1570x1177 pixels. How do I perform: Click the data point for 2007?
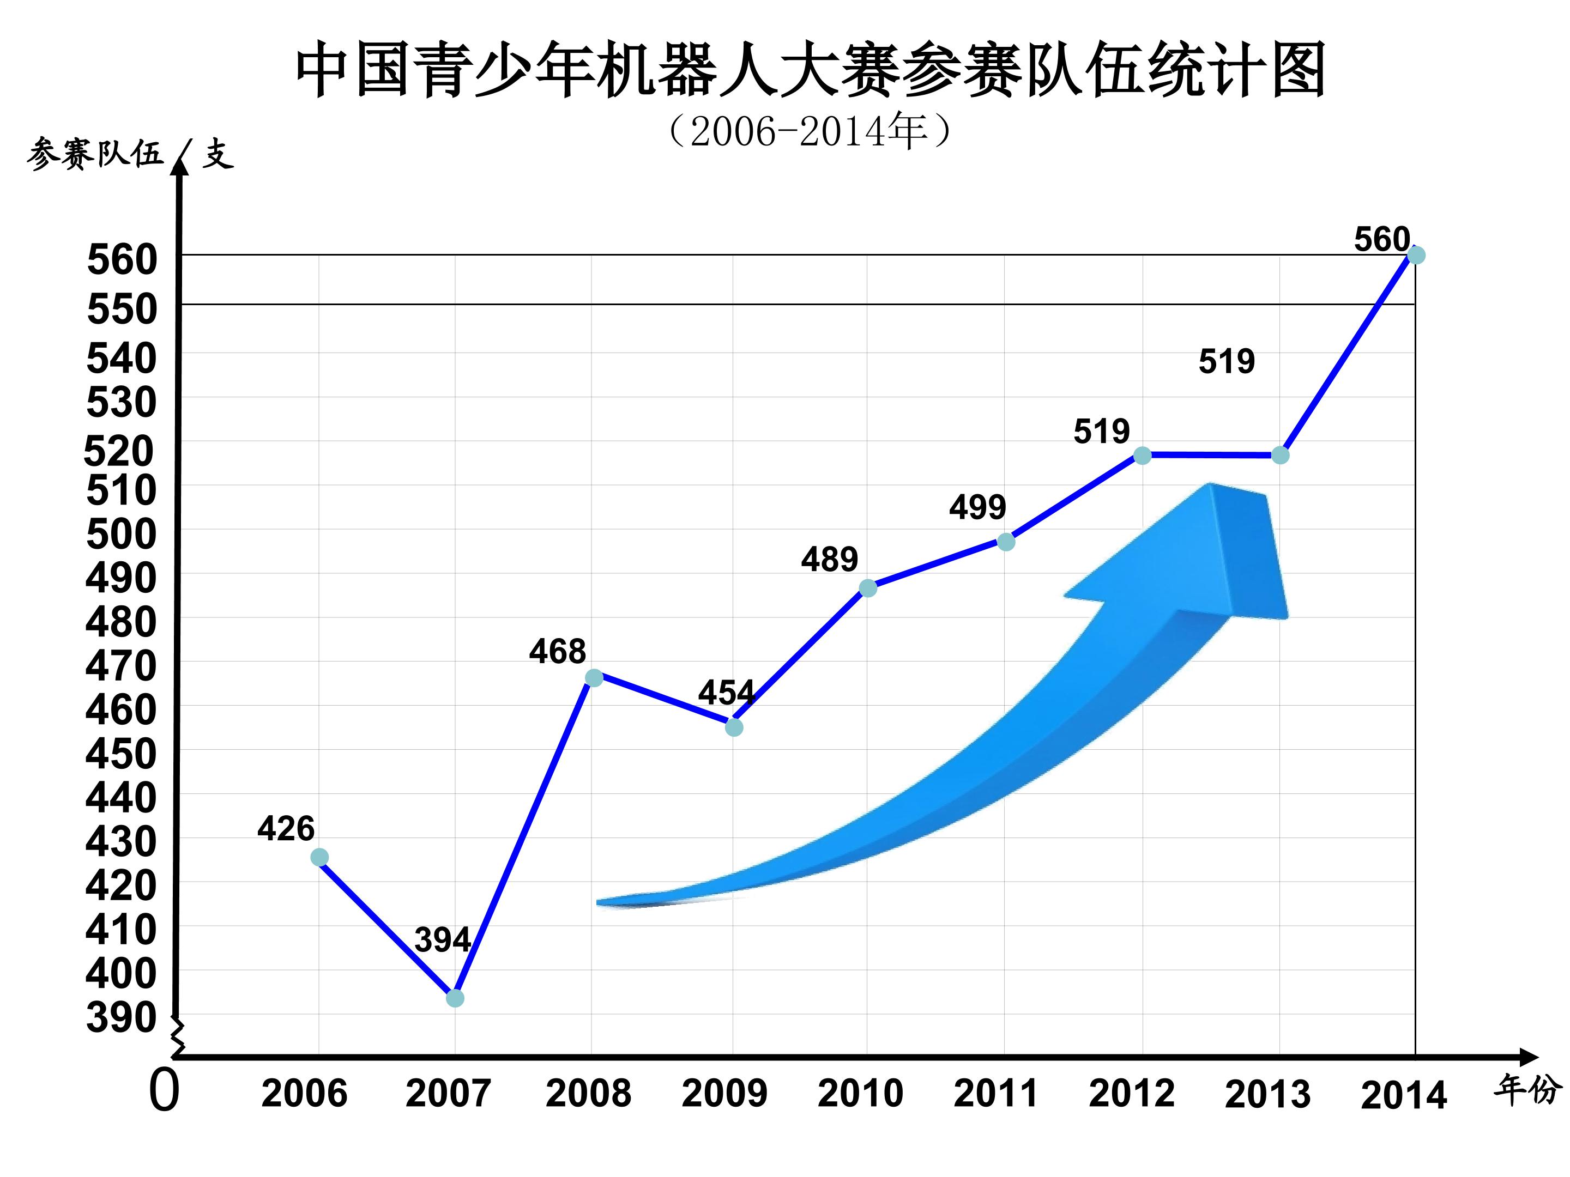coord(455,998)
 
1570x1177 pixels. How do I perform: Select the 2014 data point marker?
coord(1415,254)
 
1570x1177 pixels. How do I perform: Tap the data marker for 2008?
coord(594,677)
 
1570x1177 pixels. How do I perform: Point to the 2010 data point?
coord(867,587)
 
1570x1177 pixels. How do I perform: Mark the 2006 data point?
coord(319,858)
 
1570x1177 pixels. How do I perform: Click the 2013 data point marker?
coord(1279,456)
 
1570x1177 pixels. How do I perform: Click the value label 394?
coord(442,940)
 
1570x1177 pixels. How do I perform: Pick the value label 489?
coord(829,560)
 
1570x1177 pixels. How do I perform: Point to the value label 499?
coord(977,507)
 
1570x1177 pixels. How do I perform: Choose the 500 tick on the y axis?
coord(122,534)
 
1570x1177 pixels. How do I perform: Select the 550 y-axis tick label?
coord(122,310)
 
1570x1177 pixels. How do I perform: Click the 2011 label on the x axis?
coord(996,1093)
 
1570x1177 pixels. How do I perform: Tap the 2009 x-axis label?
coord(724,1093)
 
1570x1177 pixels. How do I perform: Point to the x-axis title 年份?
coord(1527,1090)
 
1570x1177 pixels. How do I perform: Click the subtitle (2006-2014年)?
coord(809,131)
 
